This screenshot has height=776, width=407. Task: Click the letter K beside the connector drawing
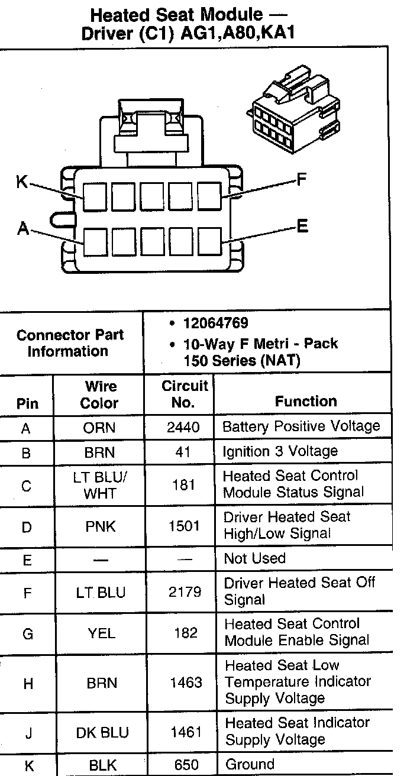(22, 182)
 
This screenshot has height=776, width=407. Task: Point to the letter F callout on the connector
(301, 179)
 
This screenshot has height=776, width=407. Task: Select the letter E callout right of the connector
(302, 226)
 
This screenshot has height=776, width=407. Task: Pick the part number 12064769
(215, 324)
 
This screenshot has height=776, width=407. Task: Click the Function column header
(305, 401)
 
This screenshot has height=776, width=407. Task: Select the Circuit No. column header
(185, 395)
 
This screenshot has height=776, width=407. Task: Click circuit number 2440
(185, 427)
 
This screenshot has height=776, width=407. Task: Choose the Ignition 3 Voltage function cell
(280, 451)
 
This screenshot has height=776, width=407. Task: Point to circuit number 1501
(185, 526)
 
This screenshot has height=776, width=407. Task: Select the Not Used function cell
(254, 558)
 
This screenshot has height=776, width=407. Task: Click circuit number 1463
(186, 683)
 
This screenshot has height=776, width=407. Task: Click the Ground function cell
(250, 764)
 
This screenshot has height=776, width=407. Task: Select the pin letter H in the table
(28, 684)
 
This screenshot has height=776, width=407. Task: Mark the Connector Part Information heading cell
(70, 343)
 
